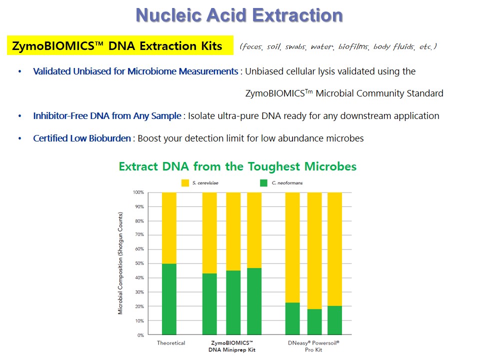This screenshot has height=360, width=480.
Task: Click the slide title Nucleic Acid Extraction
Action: pos(239,15)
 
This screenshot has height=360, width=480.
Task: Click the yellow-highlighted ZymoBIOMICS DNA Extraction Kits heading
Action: pos(120,45)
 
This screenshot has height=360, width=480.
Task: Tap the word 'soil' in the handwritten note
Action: pos(273,46)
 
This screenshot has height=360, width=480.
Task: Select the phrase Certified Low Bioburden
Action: pos(81,138)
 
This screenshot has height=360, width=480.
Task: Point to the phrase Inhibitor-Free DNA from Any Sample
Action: pos(107,116)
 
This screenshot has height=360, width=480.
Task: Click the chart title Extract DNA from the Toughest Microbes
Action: pos(237,166)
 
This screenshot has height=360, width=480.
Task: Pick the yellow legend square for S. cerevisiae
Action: pos(185,183)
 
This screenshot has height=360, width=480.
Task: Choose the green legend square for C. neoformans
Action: pos(263,183)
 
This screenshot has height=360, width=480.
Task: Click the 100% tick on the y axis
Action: pos(138,192)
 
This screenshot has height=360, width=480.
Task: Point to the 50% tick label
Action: pos(139,263)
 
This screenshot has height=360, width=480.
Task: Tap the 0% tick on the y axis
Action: pos(140,335)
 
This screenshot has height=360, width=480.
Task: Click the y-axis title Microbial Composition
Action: pos(120,263)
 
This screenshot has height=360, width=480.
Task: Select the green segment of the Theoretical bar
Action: pos(169,299)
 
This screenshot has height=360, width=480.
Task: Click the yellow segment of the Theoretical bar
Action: pos(169,228)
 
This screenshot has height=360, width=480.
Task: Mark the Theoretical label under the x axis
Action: pos(171,343)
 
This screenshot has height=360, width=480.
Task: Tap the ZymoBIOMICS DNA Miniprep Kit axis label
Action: pos(232,346)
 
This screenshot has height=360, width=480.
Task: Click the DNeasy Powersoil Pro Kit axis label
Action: pos(313,346)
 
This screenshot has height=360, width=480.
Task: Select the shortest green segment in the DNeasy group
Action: pos(314,321)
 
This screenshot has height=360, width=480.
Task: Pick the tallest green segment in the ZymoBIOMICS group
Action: pos(254,301)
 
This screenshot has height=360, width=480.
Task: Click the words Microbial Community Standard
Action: pos(379,93)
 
